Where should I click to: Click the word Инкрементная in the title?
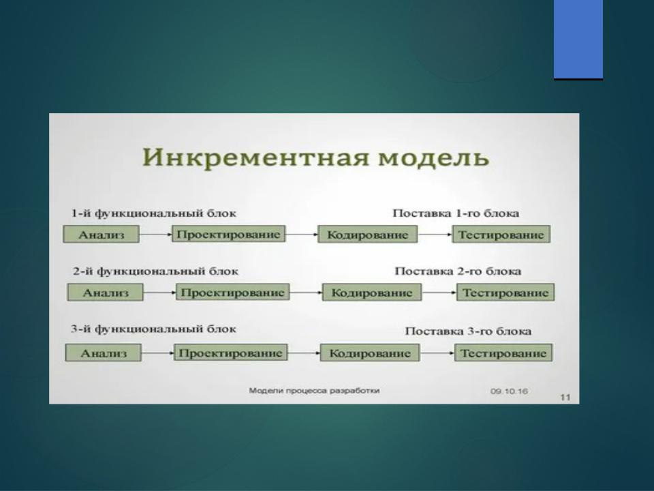tap(255, 158)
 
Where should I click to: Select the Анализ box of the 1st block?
tap(102, 234)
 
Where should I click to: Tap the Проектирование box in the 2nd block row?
tap(233, 293)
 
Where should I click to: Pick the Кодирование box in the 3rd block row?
tap(370, 353)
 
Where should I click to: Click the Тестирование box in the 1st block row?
tap(501, 234)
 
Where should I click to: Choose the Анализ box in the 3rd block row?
tap(104, 353)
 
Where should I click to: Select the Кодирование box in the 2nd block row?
tap(372, 293)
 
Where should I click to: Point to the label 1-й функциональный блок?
tap(154, 213)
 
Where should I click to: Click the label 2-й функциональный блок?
tap(155, 271)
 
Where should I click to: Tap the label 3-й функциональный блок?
tap(153, 329)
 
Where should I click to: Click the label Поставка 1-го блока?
tap(456, 213)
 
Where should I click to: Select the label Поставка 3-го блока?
tap(469, 331)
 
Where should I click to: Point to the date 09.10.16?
tap(510, 391)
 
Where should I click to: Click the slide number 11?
tap(565, 397)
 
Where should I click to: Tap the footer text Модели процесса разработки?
tap(314, 391)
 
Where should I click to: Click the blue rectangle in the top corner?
tap(578, 40)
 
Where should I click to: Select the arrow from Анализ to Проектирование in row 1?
tap(156, 234)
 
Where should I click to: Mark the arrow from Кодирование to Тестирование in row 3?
tap(437, 353)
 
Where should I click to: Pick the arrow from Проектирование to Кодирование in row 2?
tap(306, 293)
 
